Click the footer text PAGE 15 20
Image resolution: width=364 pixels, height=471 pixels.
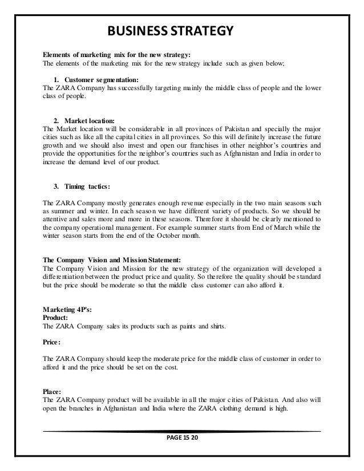coord(181,439)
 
